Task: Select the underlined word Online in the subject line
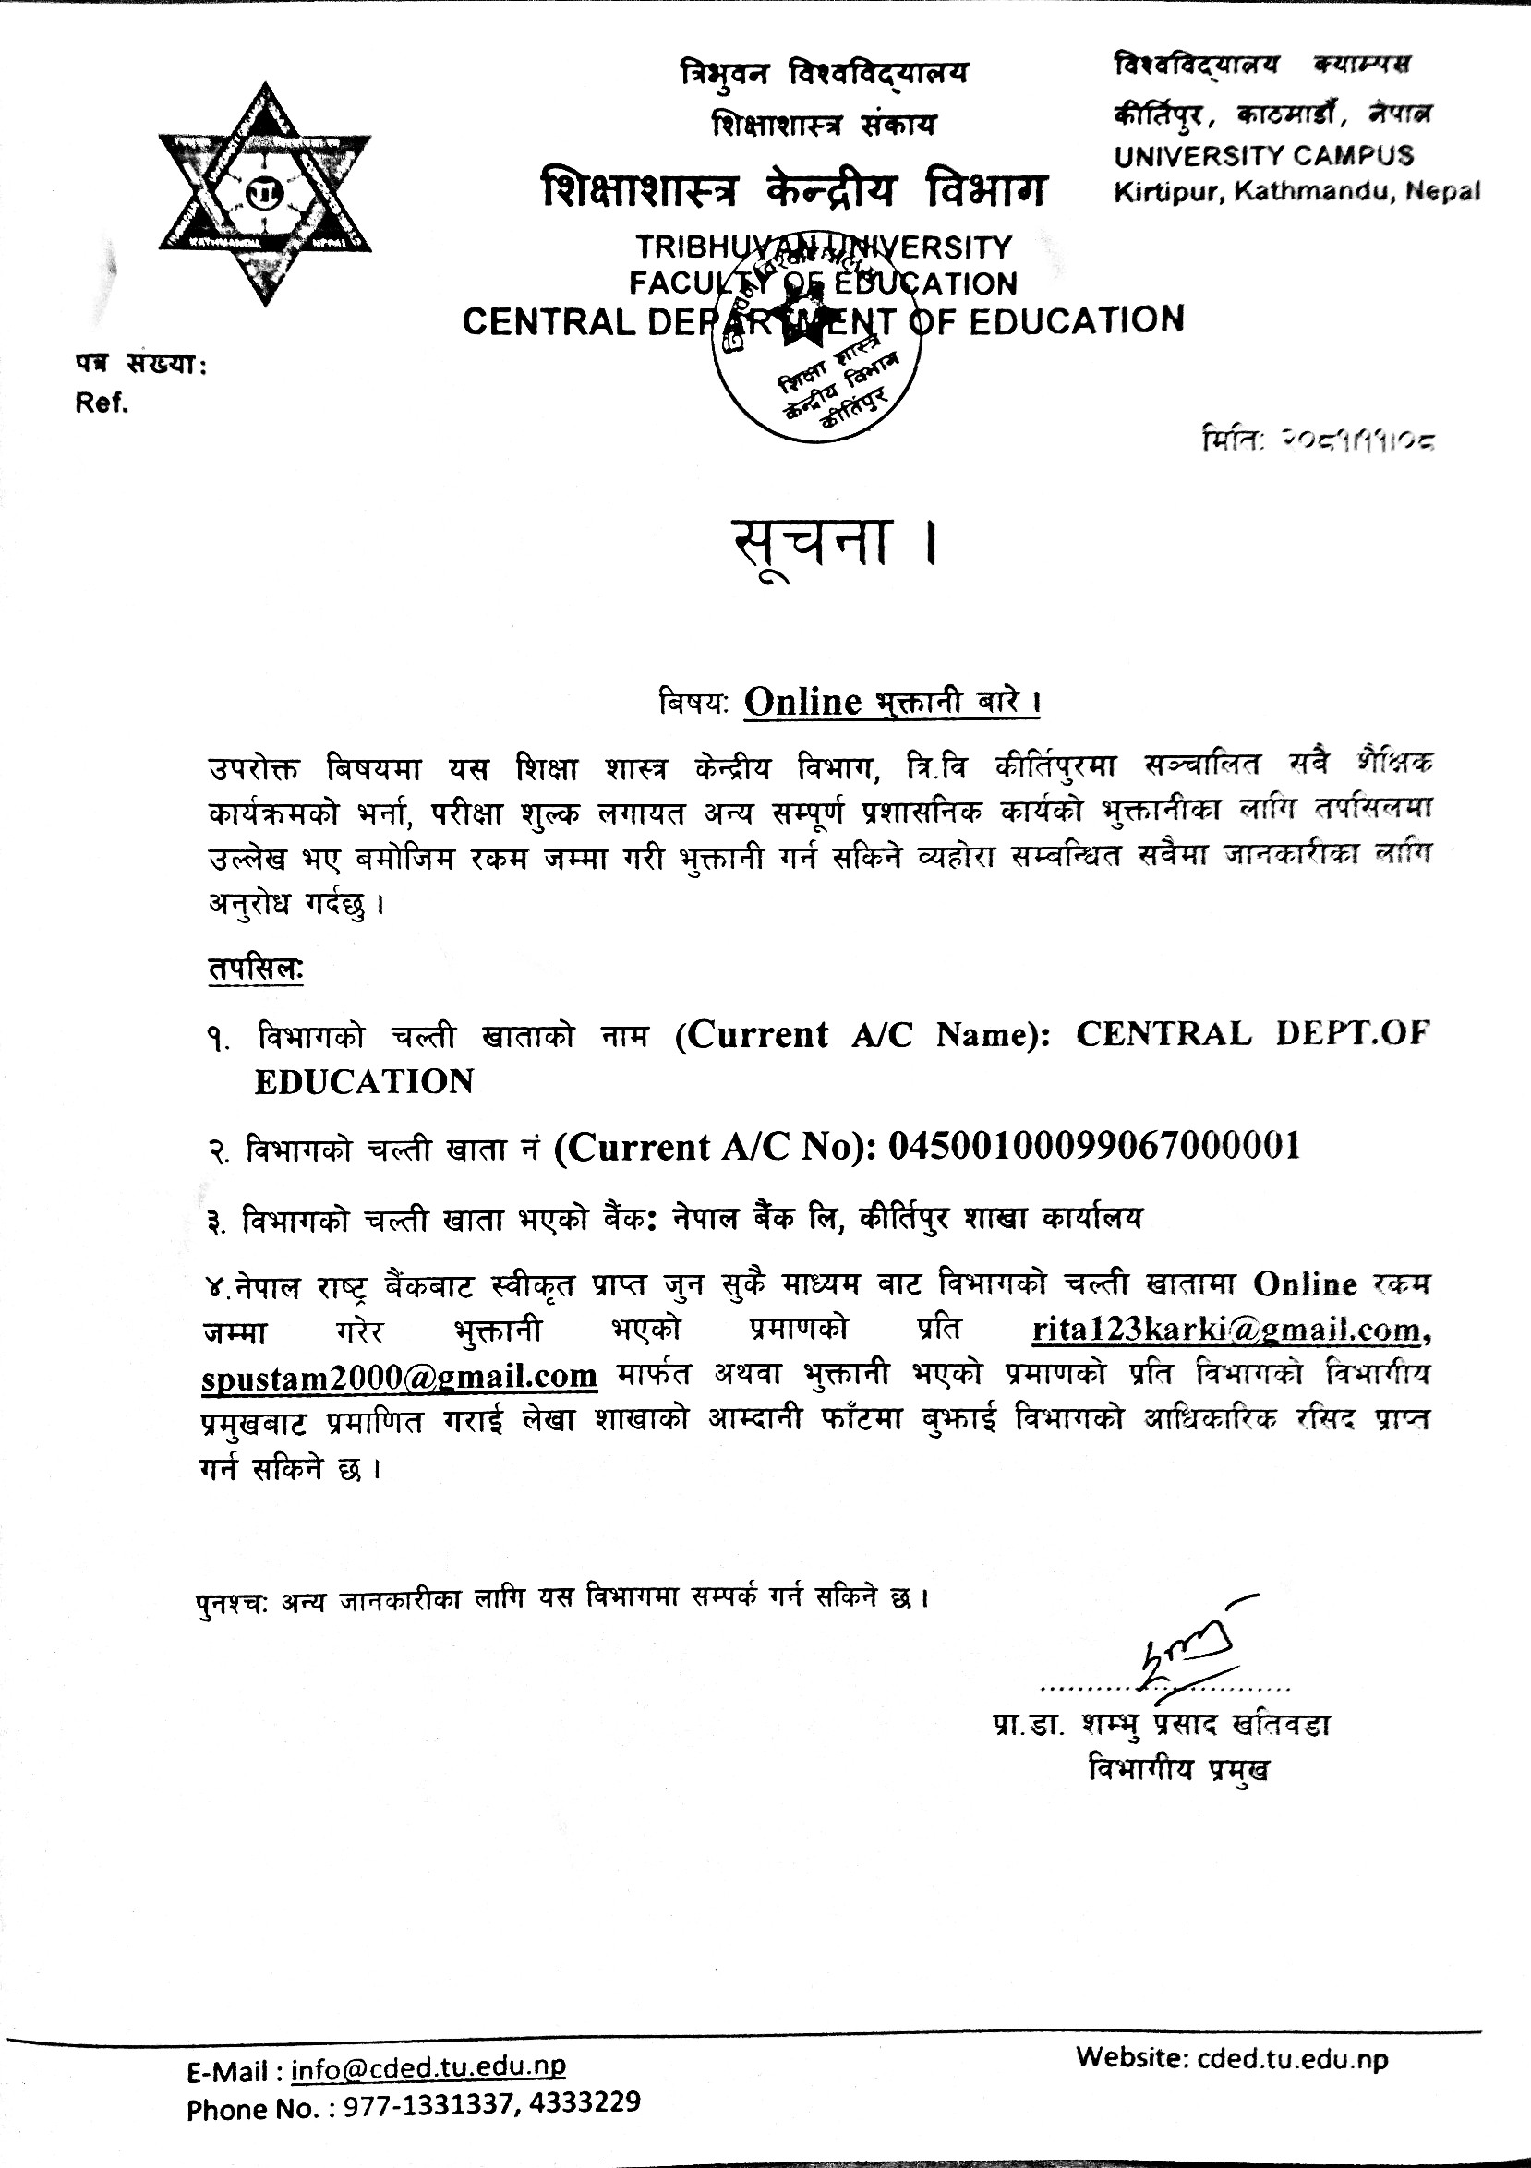[x=802, y=702]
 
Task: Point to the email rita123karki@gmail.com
[x=1227, y=1331]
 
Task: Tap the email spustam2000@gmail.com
[x=400, y=1376]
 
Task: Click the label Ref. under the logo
[x=101, y=404]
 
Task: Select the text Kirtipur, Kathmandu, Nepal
[x=1296, y=192]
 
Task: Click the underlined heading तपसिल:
[x=255, y=969]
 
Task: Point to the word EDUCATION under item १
[x=365, y=1081]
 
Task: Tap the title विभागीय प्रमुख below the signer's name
[x=1177, y=1769]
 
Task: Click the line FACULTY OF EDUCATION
[x=823, y=283]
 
